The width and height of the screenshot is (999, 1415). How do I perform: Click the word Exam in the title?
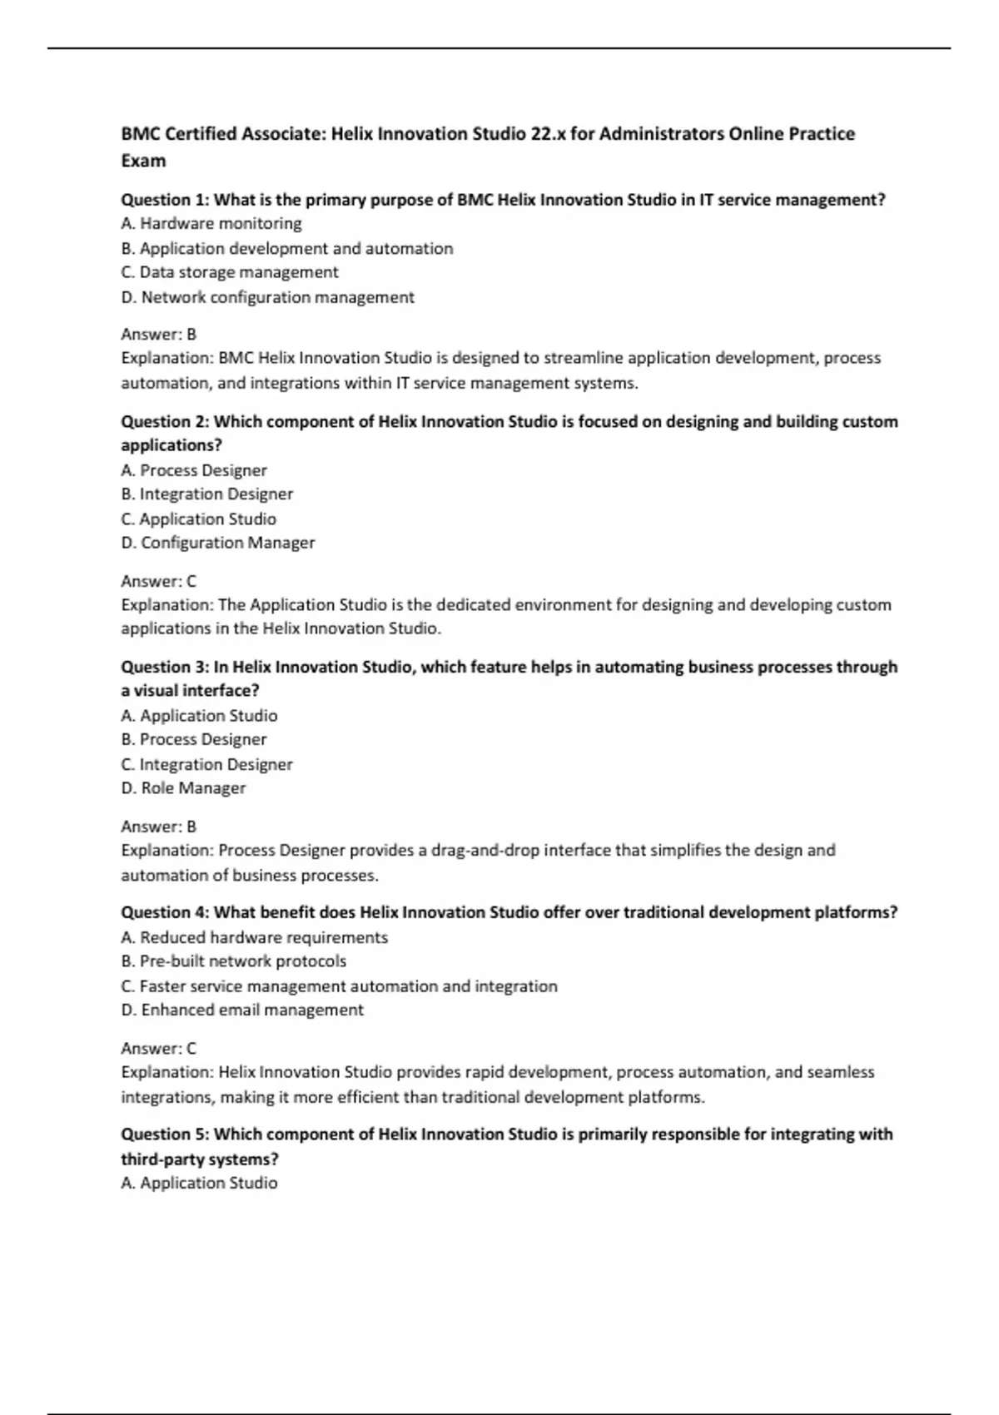pos(143,161)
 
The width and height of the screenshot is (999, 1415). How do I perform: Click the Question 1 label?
pos(165,200)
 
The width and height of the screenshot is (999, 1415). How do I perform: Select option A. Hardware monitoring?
pos(211,223)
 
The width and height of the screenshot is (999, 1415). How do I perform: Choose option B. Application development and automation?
pos(287,248)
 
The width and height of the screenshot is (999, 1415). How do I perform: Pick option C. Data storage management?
pos(230,272)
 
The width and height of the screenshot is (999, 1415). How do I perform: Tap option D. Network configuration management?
pos(267,297)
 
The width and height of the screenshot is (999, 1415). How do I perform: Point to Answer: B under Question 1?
pos(159,334)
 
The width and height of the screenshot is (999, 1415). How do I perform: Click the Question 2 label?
pos(165,422)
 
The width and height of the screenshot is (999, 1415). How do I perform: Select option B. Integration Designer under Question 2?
pos(207,494)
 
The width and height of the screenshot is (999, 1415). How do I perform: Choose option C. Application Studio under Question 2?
pos(199,519)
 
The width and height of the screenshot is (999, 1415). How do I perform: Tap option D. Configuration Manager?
pos(218,543)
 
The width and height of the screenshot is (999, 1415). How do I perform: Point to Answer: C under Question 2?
pos(159,581)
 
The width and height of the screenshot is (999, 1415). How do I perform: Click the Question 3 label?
pos(165,667)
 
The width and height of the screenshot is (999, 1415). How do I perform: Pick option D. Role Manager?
pos(183,787)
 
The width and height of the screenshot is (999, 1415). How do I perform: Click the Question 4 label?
pos(165,912)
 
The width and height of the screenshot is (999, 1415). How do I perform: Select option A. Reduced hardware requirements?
pos(255,937)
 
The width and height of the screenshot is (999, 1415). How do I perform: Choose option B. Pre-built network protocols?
pos(234,961)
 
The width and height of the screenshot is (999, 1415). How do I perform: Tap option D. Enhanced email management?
pos(242,1010)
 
